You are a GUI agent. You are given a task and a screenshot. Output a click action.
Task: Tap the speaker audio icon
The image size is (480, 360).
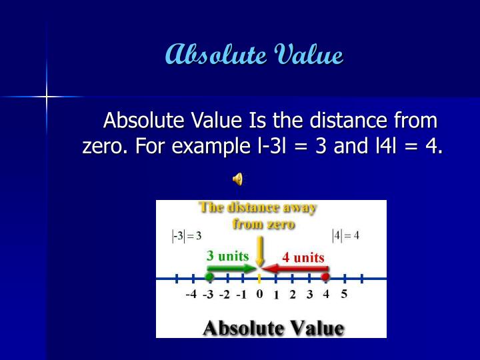point(237,179)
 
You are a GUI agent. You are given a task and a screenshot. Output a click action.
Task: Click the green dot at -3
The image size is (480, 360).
point(209,276)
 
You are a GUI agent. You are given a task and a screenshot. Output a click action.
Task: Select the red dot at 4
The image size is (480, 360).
point(325,276)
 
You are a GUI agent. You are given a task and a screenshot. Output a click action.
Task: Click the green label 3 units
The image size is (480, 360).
point(227,256)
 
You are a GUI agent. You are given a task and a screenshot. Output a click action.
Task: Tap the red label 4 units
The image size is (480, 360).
point(303,257)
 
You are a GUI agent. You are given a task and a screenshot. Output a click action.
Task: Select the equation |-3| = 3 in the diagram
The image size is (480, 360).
point(187,235)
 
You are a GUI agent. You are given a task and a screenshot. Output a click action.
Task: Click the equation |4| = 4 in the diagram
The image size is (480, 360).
point(345,235)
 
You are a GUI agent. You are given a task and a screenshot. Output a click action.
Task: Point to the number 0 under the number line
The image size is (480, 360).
point(259,294)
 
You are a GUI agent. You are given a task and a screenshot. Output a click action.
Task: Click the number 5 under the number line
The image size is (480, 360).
point(344,294)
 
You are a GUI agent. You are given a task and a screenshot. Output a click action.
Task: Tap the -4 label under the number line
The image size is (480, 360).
point(191,295)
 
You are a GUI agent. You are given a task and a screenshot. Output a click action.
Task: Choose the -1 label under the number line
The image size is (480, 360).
point(241,295)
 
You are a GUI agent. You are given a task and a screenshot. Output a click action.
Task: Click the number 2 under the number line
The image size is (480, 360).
point(292,295)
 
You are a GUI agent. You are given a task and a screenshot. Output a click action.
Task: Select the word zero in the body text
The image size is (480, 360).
point(103,145)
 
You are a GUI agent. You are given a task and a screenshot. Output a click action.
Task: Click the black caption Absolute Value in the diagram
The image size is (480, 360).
point(273,328)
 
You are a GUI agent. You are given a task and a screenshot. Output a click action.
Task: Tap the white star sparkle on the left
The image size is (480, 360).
point(47,97)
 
